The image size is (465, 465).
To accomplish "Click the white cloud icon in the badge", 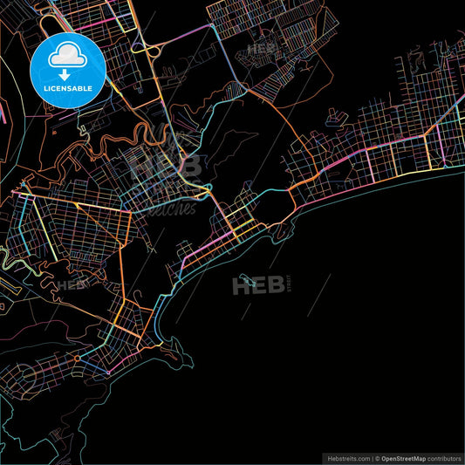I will pos(66,56).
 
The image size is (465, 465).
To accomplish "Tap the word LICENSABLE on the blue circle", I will pos(66,87).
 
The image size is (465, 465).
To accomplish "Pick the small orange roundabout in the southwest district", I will pos(77,358).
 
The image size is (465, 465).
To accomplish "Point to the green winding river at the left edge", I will pos(10,261).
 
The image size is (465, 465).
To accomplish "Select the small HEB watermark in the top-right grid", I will pos(262,50).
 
